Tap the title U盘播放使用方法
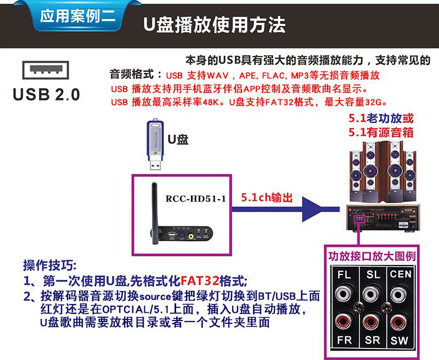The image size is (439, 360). [215, 25]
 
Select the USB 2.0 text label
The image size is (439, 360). [47, 94]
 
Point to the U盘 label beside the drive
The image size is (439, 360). [178, 139]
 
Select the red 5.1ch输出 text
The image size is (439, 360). [267, 198]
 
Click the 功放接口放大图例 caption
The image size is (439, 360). [371, 256]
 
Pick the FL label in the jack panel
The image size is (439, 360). [345, 274]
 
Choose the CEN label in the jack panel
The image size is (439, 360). [401, 274]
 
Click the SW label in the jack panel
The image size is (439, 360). [400, 340]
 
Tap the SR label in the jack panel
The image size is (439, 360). [373, 340]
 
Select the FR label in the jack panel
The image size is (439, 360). [345, 340]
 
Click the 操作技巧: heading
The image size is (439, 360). [51, 265]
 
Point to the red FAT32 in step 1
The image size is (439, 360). [200, 282]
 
